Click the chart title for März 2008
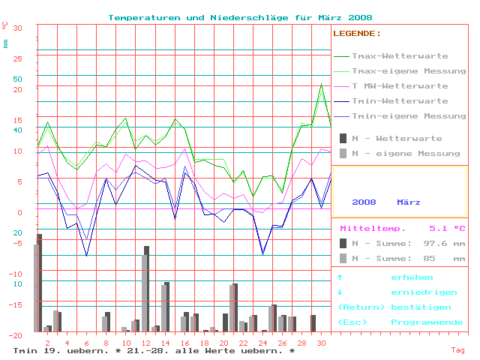240,17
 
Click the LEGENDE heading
356,34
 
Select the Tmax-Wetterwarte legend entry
400,56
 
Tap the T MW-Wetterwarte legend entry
400,86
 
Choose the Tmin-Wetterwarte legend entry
400,101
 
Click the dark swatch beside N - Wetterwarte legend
343,139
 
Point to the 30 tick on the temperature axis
18,28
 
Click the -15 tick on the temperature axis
16,304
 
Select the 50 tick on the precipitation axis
18,78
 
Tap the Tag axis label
457,350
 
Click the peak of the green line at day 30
321,84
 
